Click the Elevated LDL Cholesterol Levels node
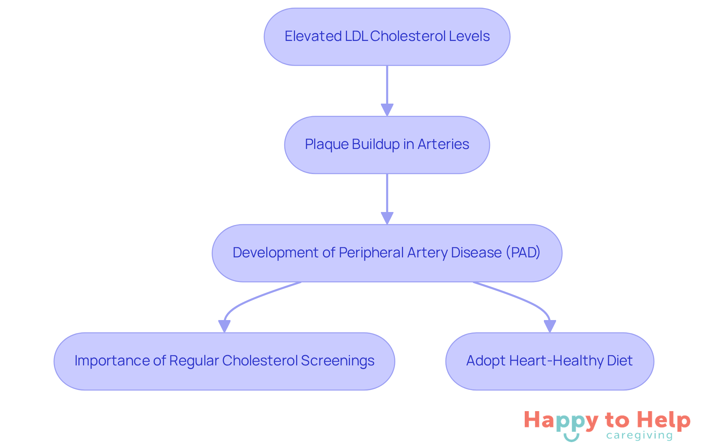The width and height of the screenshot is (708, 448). coord(387,37)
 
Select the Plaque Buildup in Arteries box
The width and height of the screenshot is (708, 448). coord(387,145)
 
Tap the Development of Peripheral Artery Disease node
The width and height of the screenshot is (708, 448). coord(387,253)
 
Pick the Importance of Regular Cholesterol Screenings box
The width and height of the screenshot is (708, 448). coord(224,361)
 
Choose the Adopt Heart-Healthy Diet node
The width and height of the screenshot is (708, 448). coord(549,361)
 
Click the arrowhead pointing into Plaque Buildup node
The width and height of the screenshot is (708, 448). coord(387,110)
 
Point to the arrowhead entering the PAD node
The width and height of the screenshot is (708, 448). coord(387,218)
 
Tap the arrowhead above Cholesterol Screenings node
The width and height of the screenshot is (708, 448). coord(224,326)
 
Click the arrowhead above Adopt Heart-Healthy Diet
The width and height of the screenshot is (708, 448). coord(550,326)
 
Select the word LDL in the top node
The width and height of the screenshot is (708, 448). coord(356,36)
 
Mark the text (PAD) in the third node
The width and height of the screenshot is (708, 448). coord(523,253)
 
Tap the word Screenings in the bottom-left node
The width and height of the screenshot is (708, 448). coord(337,361)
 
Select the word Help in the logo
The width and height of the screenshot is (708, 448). coord(664,420)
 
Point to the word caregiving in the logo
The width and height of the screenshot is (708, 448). coord(639,435)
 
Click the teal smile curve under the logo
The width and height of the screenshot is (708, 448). coord(571,438)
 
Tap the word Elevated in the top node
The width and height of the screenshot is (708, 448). coord(313,36)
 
